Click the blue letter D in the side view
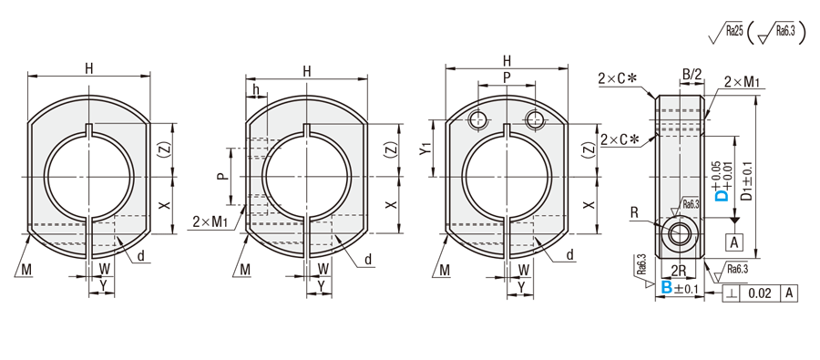click(723, 195)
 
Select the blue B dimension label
click(666, 287)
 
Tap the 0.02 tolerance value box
click(759, 293)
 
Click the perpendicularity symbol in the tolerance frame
click(731, 293)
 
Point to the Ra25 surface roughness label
click(733, 31)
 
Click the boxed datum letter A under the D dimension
click(734, 242)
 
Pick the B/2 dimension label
click(692, 75)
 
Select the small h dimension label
click(256, 89)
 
